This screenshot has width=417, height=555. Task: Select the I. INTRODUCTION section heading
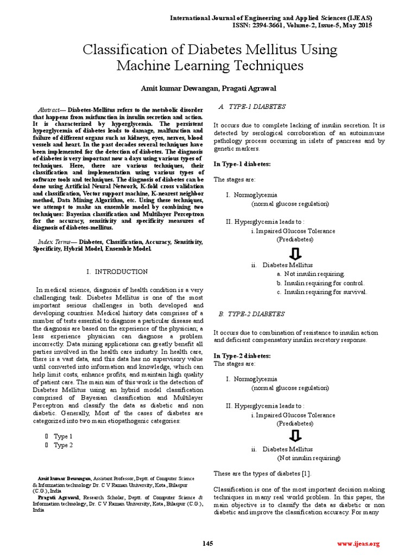point(117,272)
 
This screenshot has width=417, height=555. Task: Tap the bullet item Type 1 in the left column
point(63,436)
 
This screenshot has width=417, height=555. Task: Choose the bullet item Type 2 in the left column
point(63,446)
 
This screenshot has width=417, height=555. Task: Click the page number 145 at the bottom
point(208,544)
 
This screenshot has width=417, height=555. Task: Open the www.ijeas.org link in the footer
point(358,544)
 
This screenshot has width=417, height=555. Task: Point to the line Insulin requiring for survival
point(325,292)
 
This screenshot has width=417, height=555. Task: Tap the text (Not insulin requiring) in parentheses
point(309,458)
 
